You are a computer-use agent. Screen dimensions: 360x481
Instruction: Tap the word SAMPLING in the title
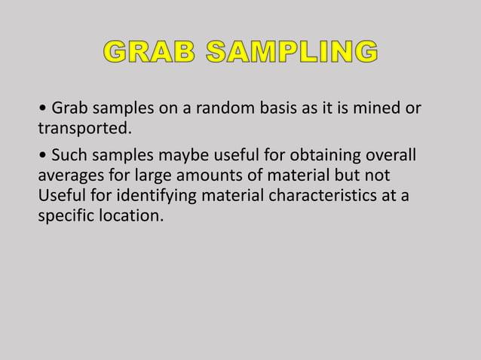pos(290,53)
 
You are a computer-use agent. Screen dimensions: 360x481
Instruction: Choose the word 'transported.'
pos(84,129)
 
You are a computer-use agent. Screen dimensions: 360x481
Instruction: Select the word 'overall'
pos(390,155)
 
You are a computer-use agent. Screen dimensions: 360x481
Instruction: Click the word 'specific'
pos(63,216)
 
